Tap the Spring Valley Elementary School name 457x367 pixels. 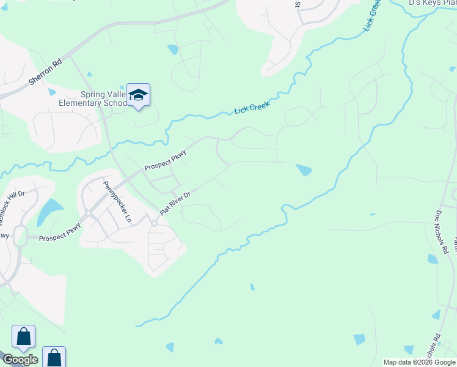coord(104,98)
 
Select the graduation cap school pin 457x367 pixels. coord(139,95)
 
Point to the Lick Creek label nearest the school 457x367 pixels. coord(252,105)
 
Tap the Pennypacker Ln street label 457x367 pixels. coord(117,202)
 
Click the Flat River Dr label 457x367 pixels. coord(175,203)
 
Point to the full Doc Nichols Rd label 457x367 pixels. coord(442,233)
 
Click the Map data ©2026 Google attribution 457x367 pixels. coord(420,362)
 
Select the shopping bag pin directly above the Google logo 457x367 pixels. coord(23,336)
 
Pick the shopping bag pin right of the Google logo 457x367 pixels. coord(54,357)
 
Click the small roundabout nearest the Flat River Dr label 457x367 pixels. coord(154,223)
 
